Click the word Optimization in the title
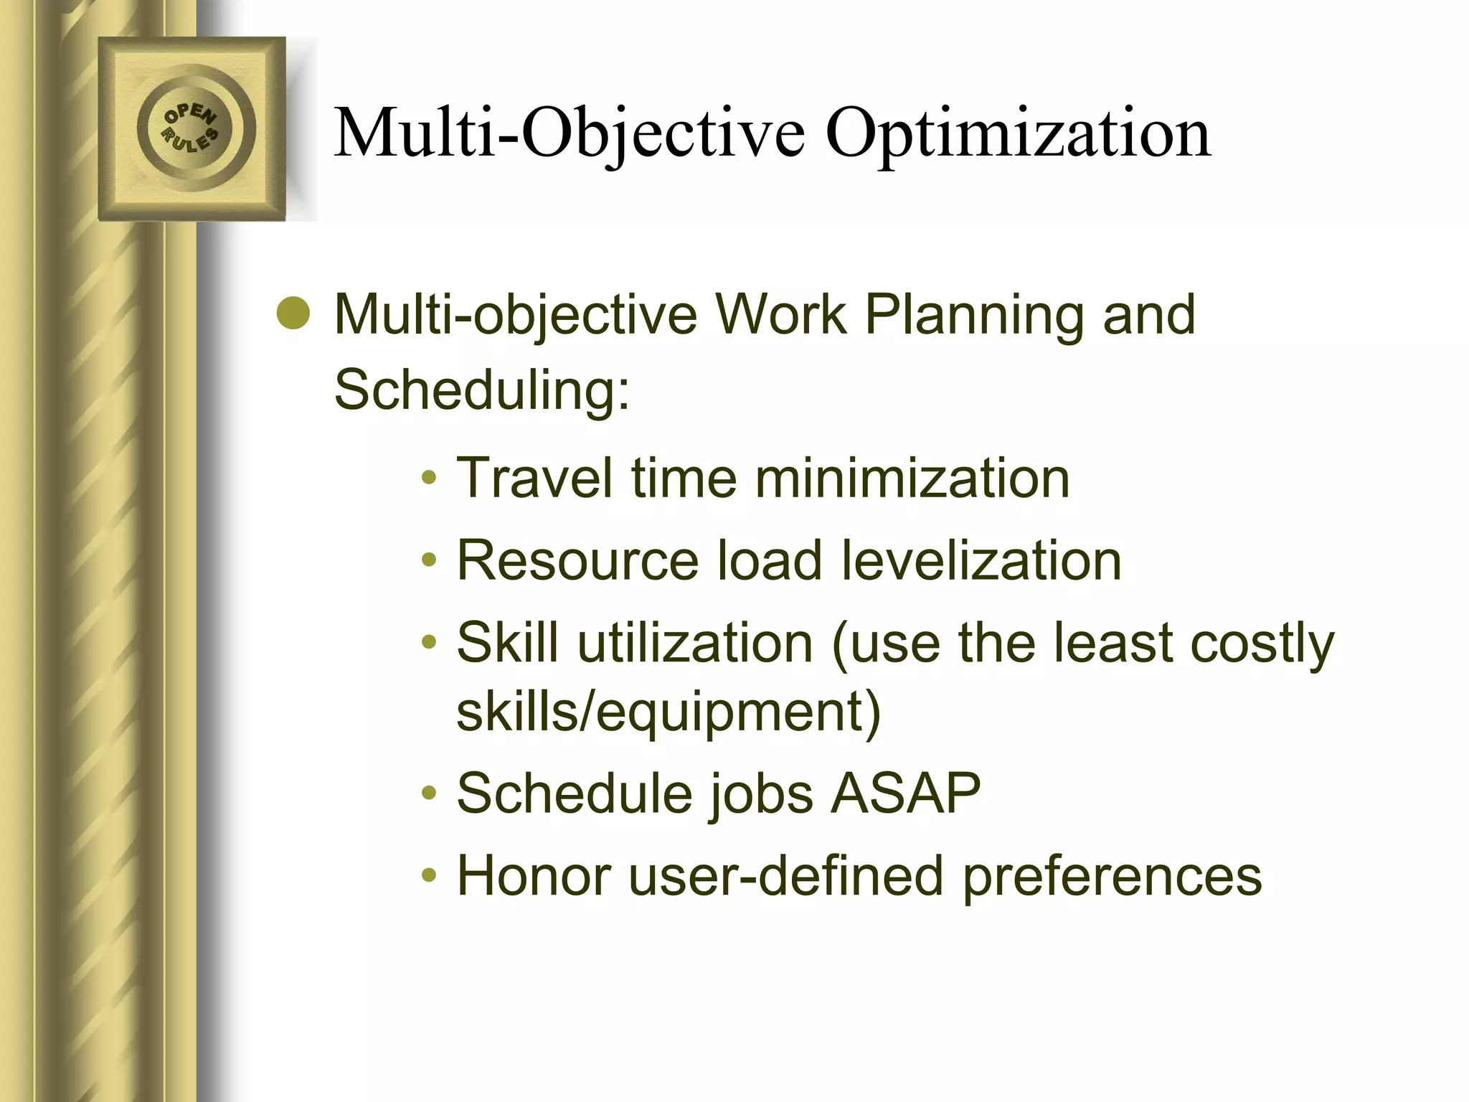pos(1018,133)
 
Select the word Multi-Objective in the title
pos(570,133)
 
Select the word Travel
pos(535,478)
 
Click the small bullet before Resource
pos(429,560)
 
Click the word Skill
pos(508,642)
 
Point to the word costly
pos(1262,642)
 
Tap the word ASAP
pos(905,793)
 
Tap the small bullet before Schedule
pos(429,793)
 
